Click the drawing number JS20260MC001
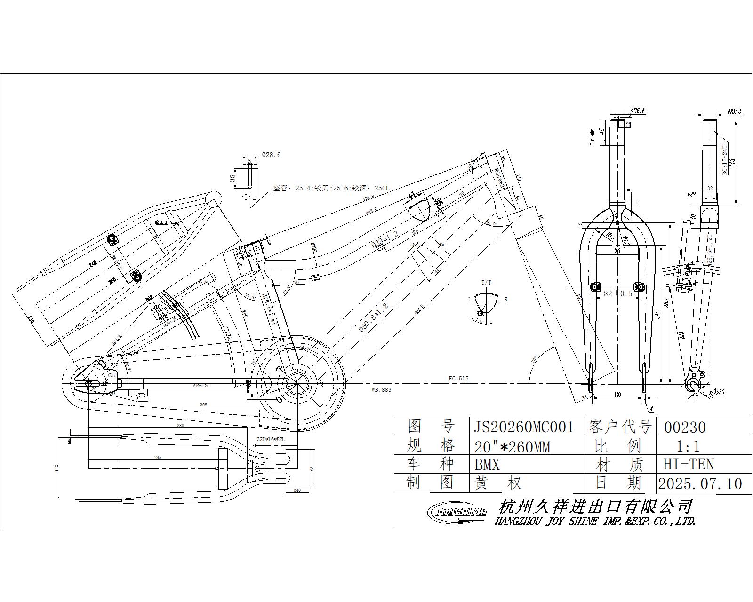523,427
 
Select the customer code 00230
685,427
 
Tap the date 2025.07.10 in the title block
700,483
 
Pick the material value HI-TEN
689,464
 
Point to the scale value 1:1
688,446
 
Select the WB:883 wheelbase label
381,389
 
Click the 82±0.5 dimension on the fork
617,293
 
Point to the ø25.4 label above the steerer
638,111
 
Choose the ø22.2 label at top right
734,111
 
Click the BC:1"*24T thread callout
725,160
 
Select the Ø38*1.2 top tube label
385,239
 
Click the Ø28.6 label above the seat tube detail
271,154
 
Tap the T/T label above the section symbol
486,282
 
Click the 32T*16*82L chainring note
271,439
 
